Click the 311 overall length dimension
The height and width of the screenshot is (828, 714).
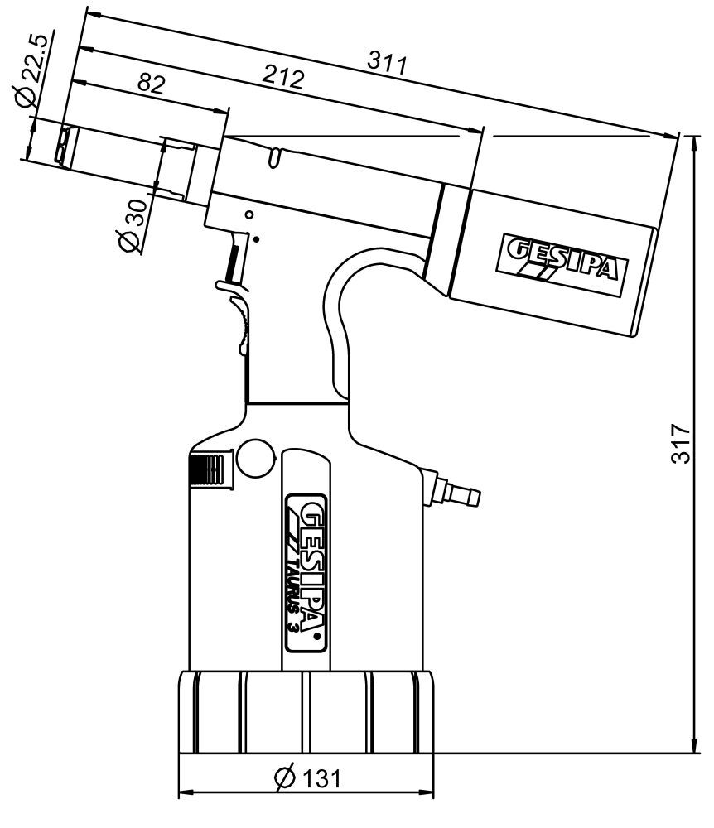point(387,63)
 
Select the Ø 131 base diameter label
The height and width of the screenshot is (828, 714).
point(306,778)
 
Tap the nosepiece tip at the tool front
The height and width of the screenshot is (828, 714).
point(62,146)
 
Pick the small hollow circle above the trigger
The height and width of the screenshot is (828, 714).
point(249,214)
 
